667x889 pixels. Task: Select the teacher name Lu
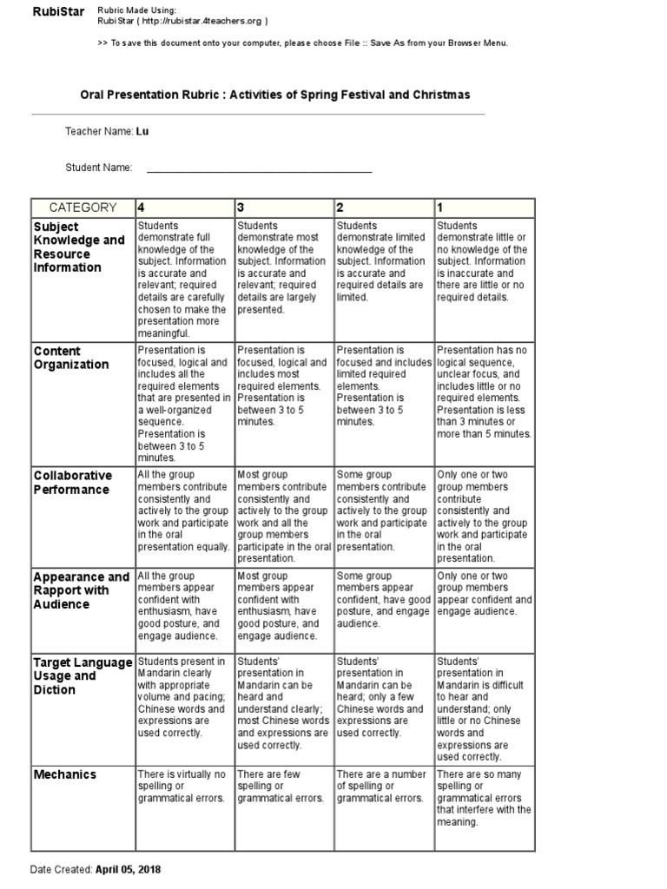click(142, 132)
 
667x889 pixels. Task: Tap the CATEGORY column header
click(83, 207)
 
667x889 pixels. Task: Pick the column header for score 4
click(142, 207)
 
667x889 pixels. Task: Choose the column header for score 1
click(440, 207)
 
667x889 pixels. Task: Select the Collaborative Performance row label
click(73, 483)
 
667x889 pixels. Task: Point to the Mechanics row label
click(65, 774)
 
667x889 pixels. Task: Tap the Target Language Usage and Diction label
click(83, 675)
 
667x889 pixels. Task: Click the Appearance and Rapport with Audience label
click(82, 590)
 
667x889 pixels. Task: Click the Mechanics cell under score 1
click(484, 798)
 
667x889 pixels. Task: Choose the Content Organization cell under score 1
click(484, 392)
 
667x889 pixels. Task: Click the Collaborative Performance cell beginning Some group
click(383, 511)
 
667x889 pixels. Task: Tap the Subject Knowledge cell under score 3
click(282, 267)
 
